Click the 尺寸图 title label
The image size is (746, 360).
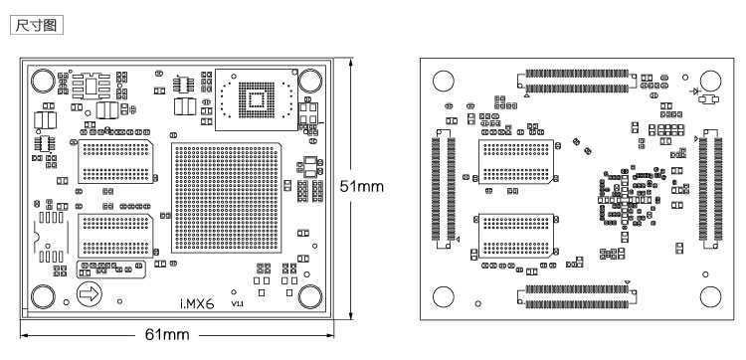[36, 25]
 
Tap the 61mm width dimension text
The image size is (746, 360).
[167, 335]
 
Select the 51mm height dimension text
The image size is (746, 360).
[362, 186]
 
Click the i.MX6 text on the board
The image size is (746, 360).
[197, 303]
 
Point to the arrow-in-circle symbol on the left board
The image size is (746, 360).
[89, 294]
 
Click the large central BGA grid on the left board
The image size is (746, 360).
[226, 197]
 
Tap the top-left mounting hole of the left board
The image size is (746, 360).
[43, 81]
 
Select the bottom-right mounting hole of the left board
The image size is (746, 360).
[310, 296]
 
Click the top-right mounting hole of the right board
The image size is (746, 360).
[710, 81]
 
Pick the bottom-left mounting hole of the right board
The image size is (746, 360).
[443, 297]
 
